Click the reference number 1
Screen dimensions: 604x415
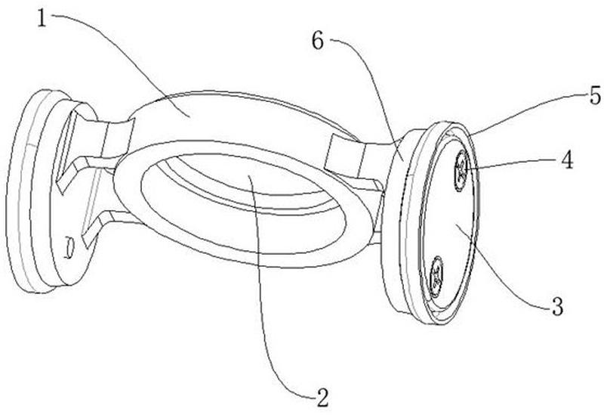(x=42, y=18)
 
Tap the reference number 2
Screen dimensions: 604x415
(x=322, y=397)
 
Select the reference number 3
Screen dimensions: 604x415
(x=558, y=307)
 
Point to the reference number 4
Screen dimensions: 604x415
(x=567, y=160)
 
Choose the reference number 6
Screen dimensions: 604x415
(x=318, y=41)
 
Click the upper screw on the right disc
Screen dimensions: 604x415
(x=461, y=171)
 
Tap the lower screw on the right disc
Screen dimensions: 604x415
(x=436, y=277)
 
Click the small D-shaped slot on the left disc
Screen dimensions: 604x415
(x=69, y=248)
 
